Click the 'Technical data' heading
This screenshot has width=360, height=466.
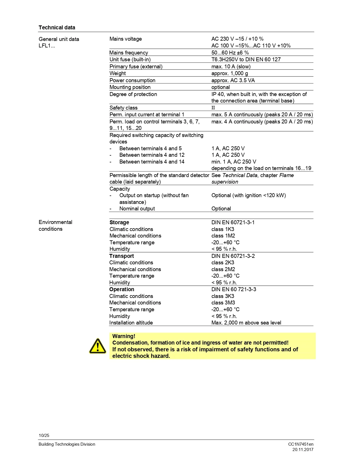pyautogui.click(x=57, y=27)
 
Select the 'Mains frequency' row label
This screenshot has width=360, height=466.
pyautogui.click(x=128, y=53)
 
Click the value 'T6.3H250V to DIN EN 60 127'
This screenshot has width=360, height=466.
pyautogui.click(x=246, y=59)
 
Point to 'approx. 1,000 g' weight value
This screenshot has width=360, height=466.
pyautogui.click(x=230, y=73)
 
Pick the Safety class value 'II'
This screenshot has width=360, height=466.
pyautogui.click(x=213, y=108)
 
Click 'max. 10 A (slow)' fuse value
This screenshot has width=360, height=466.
pyautogui.click(x=231, y=66)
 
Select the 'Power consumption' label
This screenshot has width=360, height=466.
pyautogui.click(x=132, y=80)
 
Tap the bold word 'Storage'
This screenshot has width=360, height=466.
pyautogui.click(x=119, y=222)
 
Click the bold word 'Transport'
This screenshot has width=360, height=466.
pyautogui.click(x=121, y=256)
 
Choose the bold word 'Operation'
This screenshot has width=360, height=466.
pyautogui.click(x=122, y=289)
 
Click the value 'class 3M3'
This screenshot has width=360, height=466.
pyautogui.click(x=223, y=302)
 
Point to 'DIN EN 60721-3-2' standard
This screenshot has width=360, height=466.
pyautogui.click(x=233, y=256)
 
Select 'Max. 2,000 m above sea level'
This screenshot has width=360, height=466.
pyautogui.click(x=246, y=323)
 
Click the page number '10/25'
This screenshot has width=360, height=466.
pyautogui.click(x=44, y=435)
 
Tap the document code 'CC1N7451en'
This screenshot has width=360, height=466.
pyautogui.click(x=301, y=444)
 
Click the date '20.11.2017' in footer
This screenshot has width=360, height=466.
pyautogui.click(x=303, y=450)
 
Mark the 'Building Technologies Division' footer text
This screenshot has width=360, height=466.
pyautogui.click(x=67, y=444)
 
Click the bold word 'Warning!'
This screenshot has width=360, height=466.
pyautogui.click(x=124, y=336)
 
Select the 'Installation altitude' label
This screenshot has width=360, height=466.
pyautogui.click(x=131, y=323)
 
